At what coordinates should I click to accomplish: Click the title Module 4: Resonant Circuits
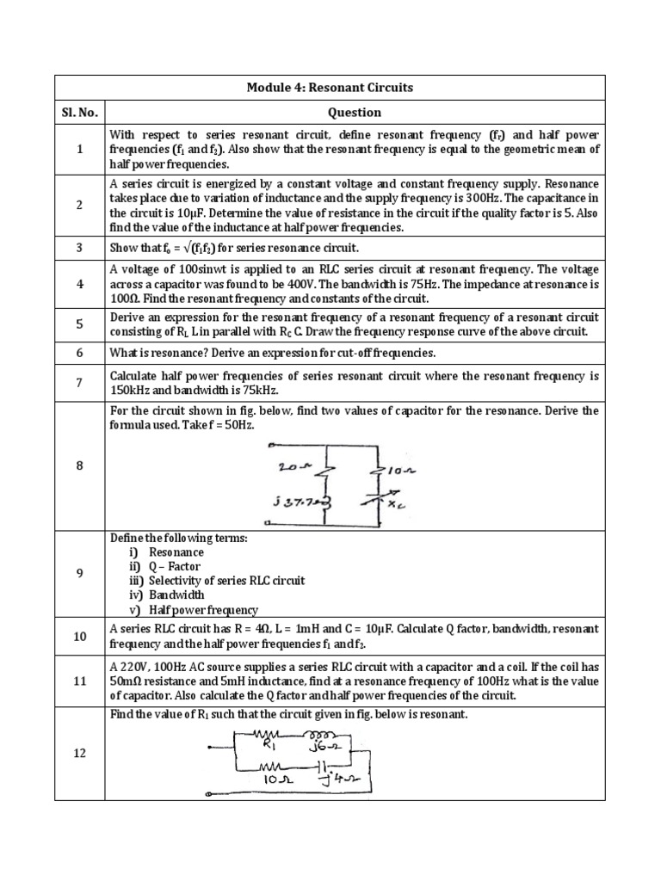click(330, 88)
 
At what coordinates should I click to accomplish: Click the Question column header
click(354, 113)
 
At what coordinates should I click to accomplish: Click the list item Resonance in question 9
click(176, 552)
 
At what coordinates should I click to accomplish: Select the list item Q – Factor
click(175, 566)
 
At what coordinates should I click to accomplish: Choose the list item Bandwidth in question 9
click(176, 595)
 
